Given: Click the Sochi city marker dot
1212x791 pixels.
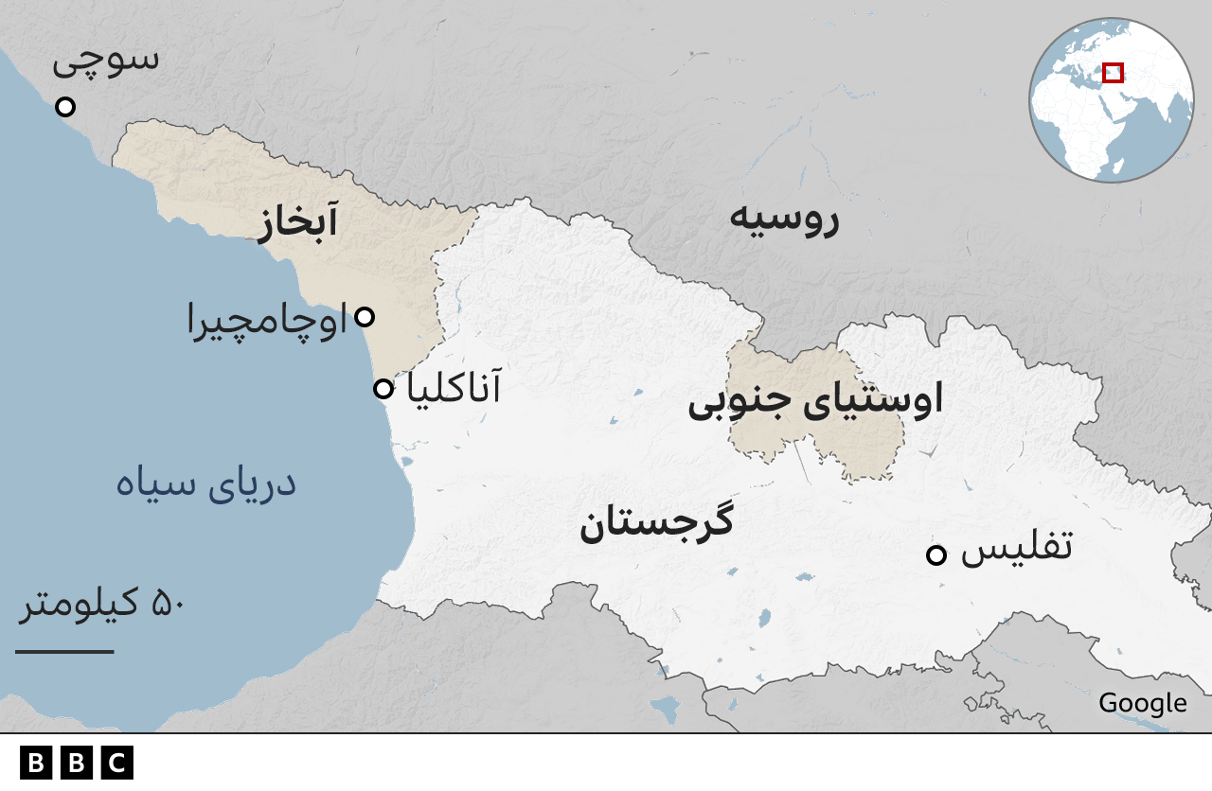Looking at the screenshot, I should (65, 107).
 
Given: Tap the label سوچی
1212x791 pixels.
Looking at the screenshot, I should (105, 60).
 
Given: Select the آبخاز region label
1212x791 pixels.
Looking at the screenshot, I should (296, 225).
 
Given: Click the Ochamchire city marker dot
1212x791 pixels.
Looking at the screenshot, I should (364, 317).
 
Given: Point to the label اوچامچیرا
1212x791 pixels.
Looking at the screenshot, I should (267, 323).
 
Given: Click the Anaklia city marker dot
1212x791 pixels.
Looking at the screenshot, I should (383, 389).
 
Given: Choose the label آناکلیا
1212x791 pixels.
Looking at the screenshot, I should (453, 388).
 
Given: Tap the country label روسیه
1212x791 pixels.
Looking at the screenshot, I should (783, 220).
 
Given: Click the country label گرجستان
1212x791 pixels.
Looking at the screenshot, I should (656, 523).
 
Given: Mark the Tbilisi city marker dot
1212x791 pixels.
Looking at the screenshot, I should (936, 555).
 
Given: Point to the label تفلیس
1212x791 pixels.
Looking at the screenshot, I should (1016, 549).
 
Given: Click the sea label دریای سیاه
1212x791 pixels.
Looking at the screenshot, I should (205, 483).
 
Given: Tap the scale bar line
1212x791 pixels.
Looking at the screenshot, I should (64, 651).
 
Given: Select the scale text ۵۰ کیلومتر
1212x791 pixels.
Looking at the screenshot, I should (101, 604).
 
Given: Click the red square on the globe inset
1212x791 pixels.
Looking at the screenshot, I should (1113, 73).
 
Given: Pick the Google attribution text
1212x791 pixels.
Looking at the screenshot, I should (1142, 703).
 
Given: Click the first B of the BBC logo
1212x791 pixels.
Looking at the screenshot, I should (36, 763).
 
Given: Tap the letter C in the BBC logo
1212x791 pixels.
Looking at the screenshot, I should (117, 763).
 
